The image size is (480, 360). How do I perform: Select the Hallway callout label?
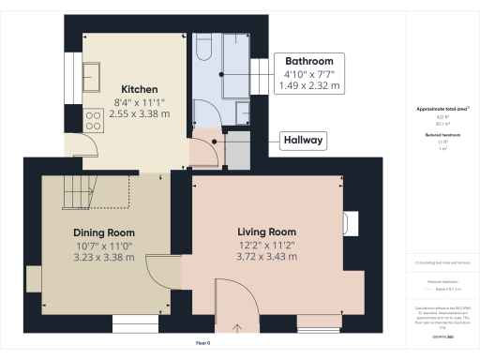click(x=303, y=142)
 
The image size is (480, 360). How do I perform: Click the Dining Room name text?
click(x=104, y=232)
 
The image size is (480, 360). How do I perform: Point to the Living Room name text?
click(x=266, y=232)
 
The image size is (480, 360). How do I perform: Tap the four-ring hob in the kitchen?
click(x=95, y=119)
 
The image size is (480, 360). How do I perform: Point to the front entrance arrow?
click(x=237, y=327)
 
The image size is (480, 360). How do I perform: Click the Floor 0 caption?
click(x=202, y=344)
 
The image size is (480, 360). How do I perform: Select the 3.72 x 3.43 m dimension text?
click(x=266, y=256)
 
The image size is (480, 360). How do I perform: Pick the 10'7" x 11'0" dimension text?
click(x=104, y=245)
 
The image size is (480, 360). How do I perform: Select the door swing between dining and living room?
click(x=160, y=270)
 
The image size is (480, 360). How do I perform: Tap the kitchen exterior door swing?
click(x=85, y=145)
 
